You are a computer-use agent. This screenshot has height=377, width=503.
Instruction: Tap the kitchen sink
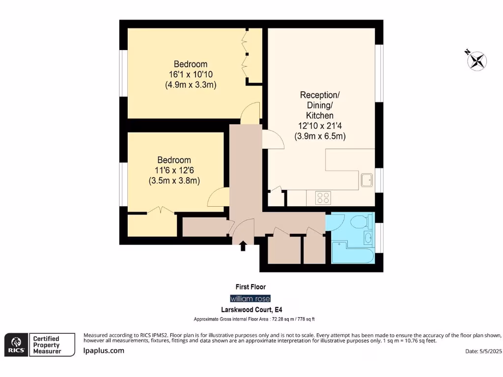tap(366, 181)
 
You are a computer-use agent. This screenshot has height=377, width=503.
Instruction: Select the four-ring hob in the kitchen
tap(323, 198)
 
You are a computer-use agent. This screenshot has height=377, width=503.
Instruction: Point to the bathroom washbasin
tap(367, 238)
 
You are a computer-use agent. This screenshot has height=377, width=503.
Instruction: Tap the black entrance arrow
tap(243, 246)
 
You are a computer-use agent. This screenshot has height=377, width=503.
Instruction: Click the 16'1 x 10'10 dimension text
tap(191, 75)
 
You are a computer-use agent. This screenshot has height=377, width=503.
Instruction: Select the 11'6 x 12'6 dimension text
tap(174, 170)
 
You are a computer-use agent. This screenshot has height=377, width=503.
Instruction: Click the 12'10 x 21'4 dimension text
tap(320, 126)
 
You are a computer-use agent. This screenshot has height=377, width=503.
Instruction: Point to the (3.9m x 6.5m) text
tap(320, 136)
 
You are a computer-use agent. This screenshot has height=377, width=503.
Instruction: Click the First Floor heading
tap(251, 287)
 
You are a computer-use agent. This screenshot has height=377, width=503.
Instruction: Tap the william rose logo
tap(251, 298)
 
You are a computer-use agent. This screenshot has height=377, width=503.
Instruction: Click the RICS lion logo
tap(15, 345)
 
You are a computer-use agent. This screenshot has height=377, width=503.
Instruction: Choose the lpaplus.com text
tap(104, 350)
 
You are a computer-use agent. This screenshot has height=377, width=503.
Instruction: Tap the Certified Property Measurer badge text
tap(46, 345)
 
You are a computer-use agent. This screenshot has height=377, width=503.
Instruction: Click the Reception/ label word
tap(320, 94)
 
